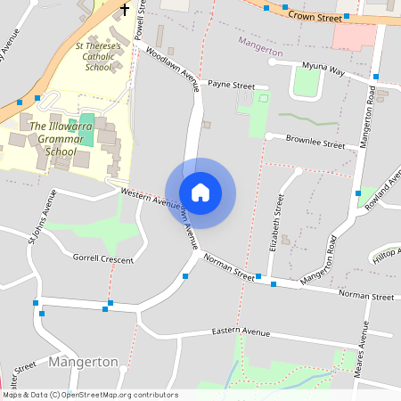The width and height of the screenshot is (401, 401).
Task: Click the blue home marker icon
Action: pyautogui.click(x=200, y=192)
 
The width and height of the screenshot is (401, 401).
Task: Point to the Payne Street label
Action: pyautogui.click(x=231, y=86)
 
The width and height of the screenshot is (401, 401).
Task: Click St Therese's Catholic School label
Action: pyautogui.click(x=99, y=55)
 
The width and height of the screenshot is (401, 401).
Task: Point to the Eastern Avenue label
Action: pyautogui.click(x=241, y=332)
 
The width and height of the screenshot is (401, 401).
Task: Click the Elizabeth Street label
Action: pyautogui.click(x=279, y=219)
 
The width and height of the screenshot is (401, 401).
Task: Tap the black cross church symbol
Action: pyautogui.click(x=125, y=10)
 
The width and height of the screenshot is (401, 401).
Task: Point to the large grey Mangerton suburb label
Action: pyautogui.click(x=84, y=362)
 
